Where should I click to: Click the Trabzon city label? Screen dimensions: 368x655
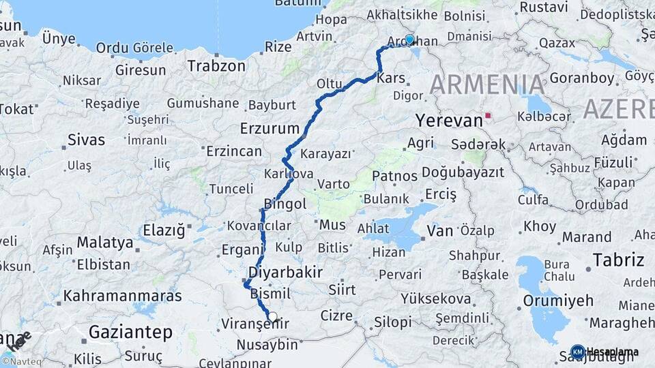(216, 66)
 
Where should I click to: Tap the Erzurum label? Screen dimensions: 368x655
(270, 128)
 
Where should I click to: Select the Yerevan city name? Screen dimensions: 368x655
(448, 121)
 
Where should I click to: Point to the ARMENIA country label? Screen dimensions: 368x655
(487, 85)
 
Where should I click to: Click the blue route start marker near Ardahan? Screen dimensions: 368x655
(409, 40)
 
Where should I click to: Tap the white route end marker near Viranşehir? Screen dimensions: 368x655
(273, 316)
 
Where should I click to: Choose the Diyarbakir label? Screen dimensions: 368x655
(285, 273)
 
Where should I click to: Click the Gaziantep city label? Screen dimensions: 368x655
(130, 332)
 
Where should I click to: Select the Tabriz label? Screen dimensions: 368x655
(618, 260)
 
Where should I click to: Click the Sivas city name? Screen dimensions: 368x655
(87, 140)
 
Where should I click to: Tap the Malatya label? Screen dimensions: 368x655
(104, 242)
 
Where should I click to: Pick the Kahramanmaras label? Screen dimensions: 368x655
(123, 296)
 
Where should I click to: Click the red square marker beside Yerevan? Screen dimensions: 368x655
(488, 116)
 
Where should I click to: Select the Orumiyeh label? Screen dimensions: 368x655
(553, 301)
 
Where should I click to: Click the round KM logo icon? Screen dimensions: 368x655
(577, 352)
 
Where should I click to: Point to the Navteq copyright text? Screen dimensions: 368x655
(23, 361)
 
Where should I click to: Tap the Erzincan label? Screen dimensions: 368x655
(233, 151)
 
